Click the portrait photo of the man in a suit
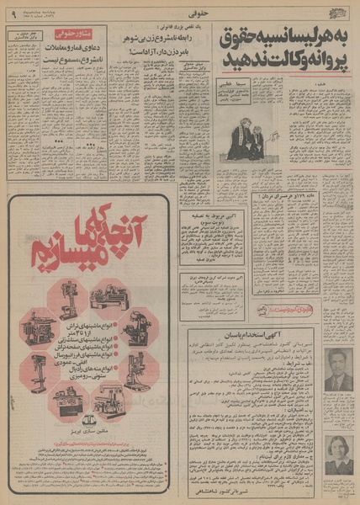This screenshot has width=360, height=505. [x=338, y=370]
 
